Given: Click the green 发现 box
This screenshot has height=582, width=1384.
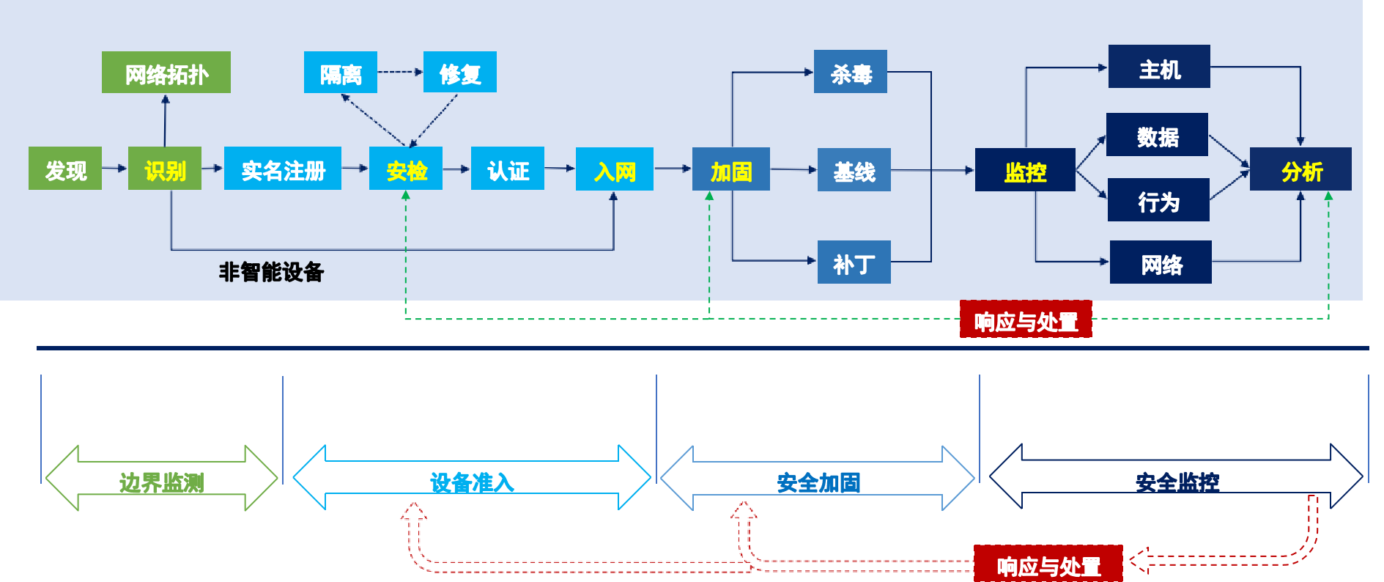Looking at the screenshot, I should click(x=65, y=169).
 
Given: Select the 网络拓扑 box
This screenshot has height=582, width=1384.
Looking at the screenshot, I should click(x=166, y=73).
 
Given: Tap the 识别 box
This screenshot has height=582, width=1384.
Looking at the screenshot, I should click(x=165, y=169).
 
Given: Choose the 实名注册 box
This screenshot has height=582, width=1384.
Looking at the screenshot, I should click(x=283, y=169).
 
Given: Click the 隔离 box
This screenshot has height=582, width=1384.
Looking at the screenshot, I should click(x=341, y=73).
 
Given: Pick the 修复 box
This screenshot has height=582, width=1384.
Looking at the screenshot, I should click(x=460, y=73).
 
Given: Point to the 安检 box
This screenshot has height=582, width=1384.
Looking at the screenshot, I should click(x=406, y=169).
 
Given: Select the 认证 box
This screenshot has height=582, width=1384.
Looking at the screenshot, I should click(x=508, y=169).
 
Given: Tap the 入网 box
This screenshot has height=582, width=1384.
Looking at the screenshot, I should click(x=615, y=169).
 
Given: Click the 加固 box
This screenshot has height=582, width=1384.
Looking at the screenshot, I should click(x=731, y=169).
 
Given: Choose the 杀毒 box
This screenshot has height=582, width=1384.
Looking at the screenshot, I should click(x=851, y=72).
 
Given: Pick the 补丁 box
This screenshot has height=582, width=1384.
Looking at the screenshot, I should click(x=854, y=262).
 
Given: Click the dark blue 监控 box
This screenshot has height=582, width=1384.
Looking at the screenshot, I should click(x=1025, y=170).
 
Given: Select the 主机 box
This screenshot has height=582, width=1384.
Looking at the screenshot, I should click(x=1159, y=67).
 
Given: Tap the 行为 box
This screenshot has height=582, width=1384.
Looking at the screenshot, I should click(x=1158, y=200).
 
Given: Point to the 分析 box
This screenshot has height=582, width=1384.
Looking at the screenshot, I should click(x=1300, y=169).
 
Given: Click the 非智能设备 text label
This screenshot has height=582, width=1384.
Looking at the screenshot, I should click(x=271, y=272).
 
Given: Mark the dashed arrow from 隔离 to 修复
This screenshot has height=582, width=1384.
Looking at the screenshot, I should click(x=400, y=72).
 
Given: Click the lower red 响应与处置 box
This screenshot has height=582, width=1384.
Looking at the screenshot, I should click(x=1048, y=564).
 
